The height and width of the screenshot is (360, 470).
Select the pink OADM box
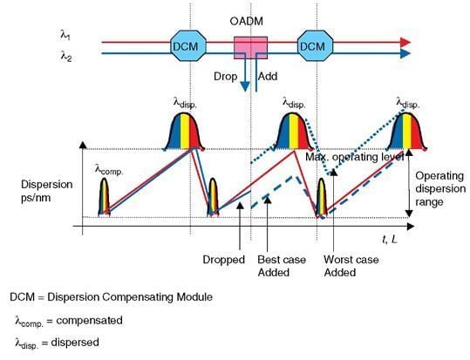[250, 49]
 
